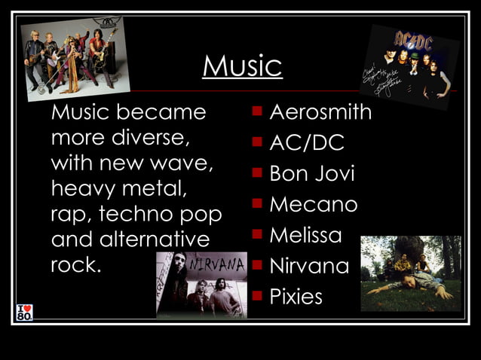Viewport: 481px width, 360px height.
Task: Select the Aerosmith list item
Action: pyautogui.click(x=320, y=112)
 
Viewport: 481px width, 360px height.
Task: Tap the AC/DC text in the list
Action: pyautogui.click(x=306, y=143)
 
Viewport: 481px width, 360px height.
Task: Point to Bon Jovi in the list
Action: pyautogui.click(x=311, y=174)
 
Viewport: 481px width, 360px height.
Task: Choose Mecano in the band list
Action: pyautogui.click(x=313, y=204)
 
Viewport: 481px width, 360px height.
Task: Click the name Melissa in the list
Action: pyautogui.click(x=305, y=235)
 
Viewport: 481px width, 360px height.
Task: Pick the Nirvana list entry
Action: pyautogui.click(x=309, y=266)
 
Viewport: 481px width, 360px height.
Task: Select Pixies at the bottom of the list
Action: pyautogui.click(x=296, y=297)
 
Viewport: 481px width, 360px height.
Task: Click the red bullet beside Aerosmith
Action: pyautogui.click(x=257, y=111)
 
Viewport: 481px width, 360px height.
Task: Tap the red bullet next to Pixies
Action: pyautogui.click(x=257, y=296)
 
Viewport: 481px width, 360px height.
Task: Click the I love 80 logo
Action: pyautogui.click(x=24, y=311)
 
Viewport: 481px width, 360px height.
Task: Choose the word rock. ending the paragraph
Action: pyautogui.click(x=75, y=265)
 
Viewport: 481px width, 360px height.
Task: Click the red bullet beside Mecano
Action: pyautogui.click(x=257, y=203)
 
